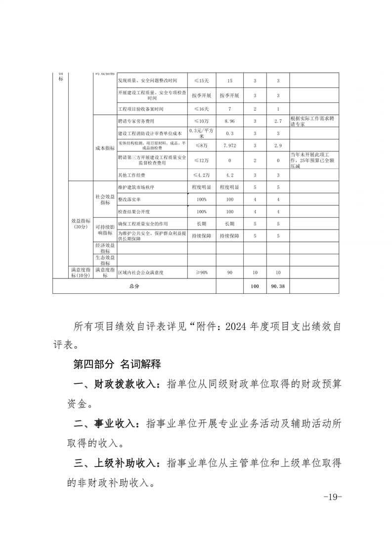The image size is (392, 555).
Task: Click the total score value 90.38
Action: pyautogui.click(x=278, y=286)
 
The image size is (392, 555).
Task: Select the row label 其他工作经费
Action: pyautogui.click(x=132, y=175)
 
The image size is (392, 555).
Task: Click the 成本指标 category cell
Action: pyautogui.click(x=105, y=148)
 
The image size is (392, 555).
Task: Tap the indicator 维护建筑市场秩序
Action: pyautogui.click(x=136, y=188)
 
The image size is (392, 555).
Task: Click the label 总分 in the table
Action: pyautogui.click(x=134, y=286)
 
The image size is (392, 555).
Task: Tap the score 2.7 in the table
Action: pyautogui.click(x=278, y=121)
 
